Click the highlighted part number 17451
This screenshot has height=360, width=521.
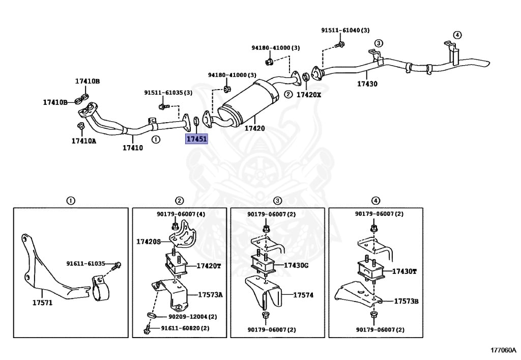tap(196, 139)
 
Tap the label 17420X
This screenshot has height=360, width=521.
tap(309, 95)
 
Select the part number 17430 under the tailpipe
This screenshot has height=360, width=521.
tap(367, 84)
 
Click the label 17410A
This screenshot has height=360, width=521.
tap(83, 141)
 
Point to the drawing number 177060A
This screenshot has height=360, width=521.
tap(503, 350)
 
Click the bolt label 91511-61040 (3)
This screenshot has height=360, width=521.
tap(345, 31)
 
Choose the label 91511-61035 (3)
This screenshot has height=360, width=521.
tap(168, 93)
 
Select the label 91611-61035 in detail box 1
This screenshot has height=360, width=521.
tap(85, 264)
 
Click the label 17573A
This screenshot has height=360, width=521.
tap(210, 295)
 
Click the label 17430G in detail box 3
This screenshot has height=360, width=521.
tap(297, 265)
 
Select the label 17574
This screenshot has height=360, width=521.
tap(303, 295)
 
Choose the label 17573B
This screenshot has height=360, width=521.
tap(406, 301)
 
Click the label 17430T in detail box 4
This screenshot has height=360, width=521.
tap(404, 271)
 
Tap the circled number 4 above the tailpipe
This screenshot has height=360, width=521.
tap(457, 35)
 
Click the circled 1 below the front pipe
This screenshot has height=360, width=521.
tap(156, 139)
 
